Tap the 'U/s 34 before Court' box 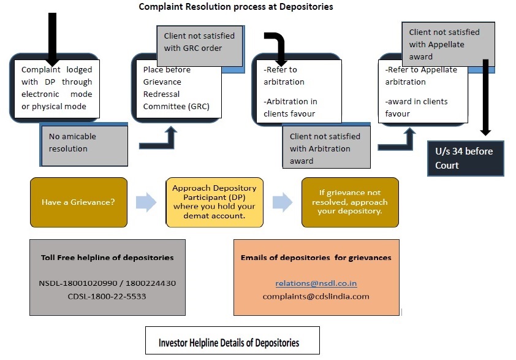pos(466,158)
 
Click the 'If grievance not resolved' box pos(349,202)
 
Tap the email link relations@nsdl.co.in pos(316,283)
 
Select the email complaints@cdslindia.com pos(316,296)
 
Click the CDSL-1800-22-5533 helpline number pos(107,296)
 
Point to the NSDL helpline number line pos(107,283)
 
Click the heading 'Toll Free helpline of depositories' pos(107,258)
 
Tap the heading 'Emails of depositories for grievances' pos(316,258)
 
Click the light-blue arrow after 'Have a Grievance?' pos(146,202)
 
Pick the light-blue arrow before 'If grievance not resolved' pos(283,202)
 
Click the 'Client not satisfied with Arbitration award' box pos(325,148)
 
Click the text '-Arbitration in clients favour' pos(290,107)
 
